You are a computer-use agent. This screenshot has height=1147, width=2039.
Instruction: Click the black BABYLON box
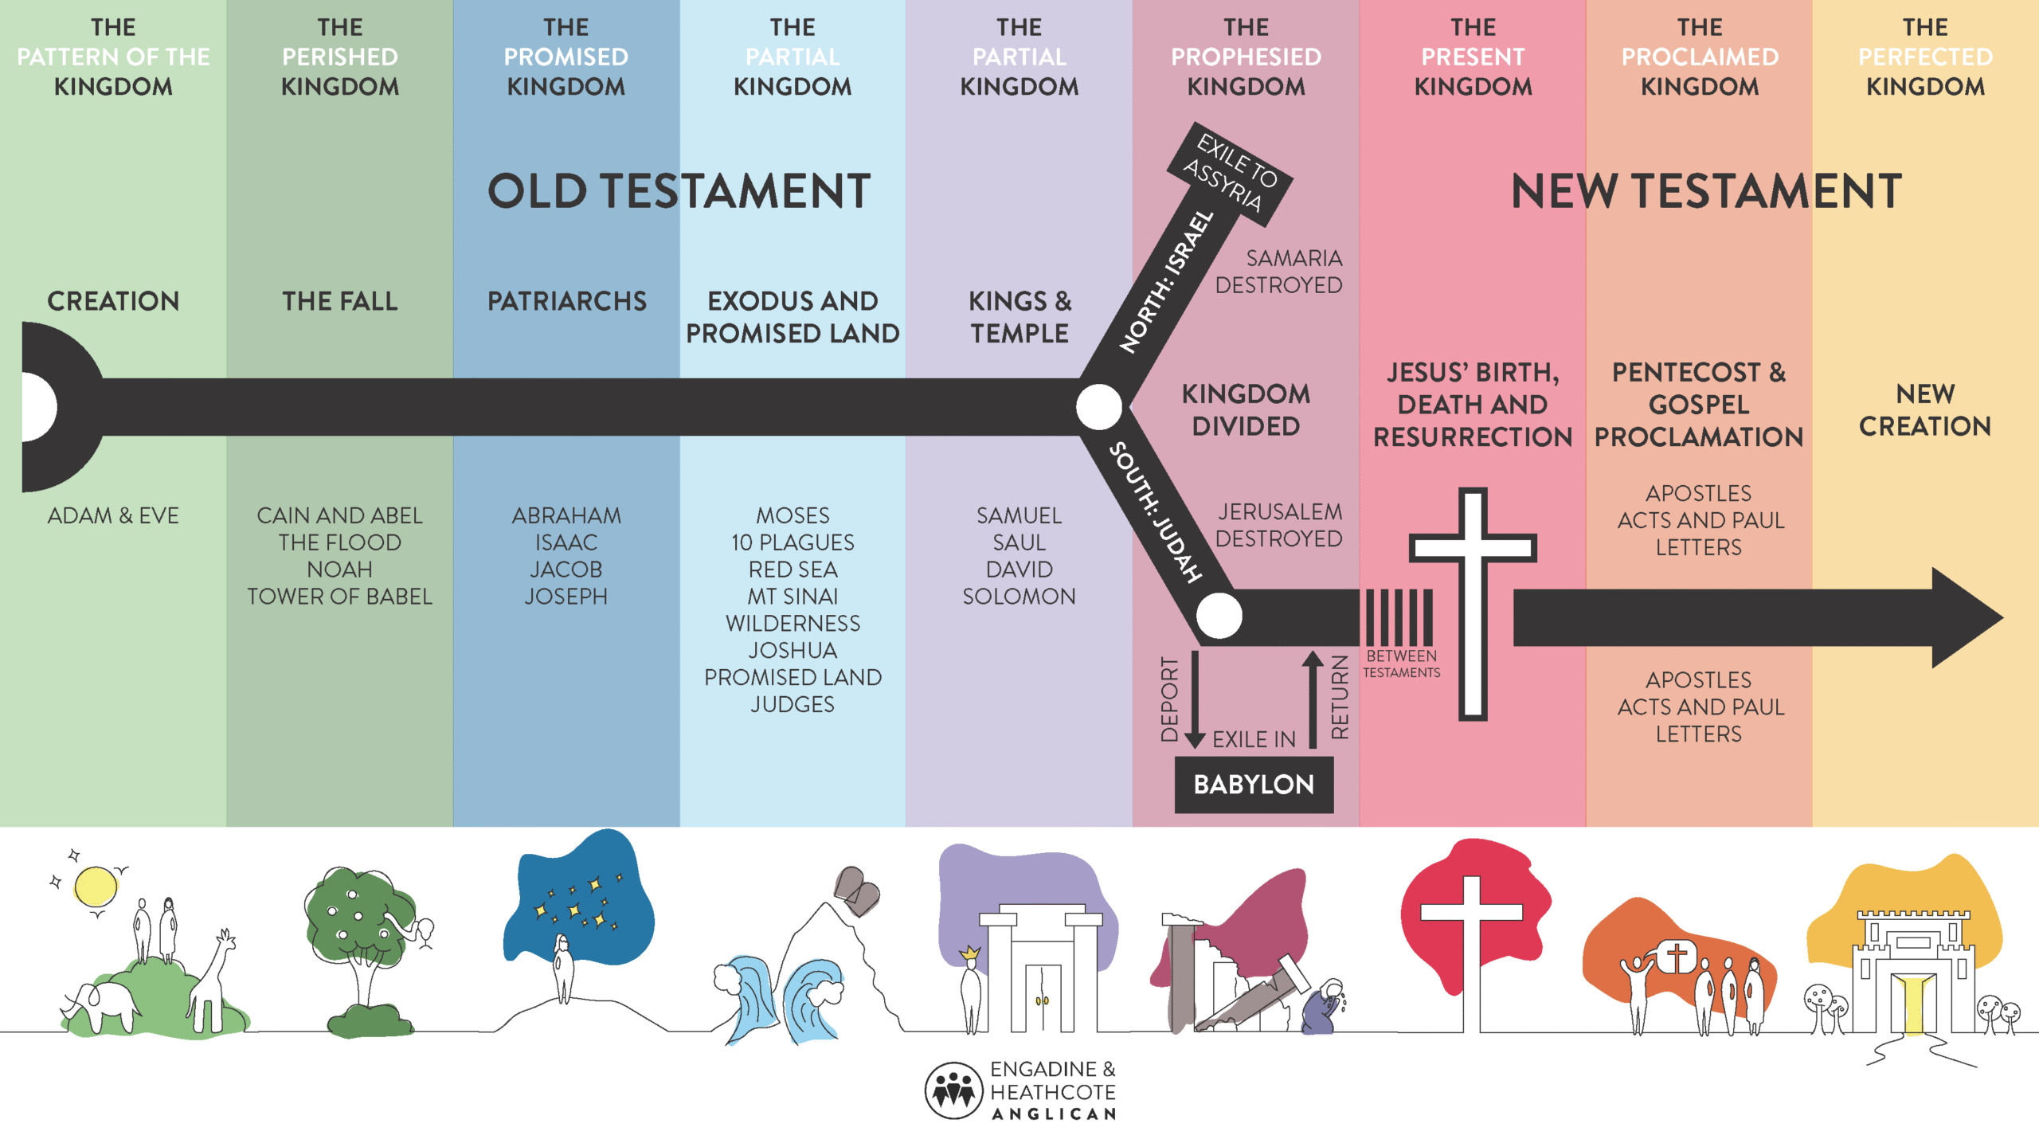1254,785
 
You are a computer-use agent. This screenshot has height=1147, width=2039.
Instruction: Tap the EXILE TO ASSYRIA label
1230,174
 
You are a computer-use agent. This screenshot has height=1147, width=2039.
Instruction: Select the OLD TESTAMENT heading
679,191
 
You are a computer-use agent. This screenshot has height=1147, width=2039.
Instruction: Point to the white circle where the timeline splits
1099,407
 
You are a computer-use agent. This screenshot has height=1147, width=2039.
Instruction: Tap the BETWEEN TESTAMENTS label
1402,664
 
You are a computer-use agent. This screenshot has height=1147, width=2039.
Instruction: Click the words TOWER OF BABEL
339,597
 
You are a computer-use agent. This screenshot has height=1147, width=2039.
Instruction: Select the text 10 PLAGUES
793,542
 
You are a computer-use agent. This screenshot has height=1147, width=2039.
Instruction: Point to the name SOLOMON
1019,597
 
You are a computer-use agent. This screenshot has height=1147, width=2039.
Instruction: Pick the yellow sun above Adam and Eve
96,887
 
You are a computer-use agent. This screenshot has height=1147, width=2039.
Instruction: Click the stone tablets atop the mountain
857,890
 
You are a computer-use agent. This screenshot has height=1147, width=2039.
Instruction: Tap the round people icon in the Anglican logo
953,1090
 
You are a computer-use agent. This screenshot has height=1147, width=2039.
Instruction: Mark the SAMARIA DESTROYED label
1278,272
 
